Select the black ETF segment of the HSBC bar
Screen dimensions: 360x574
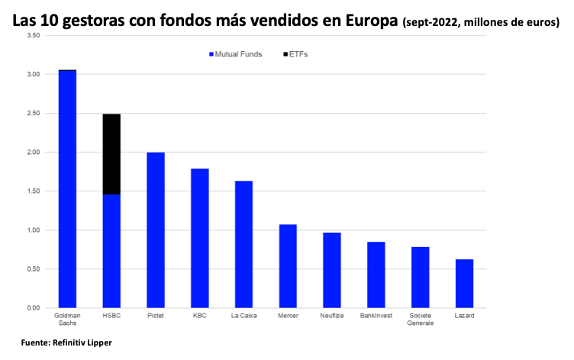[x=111, y=154]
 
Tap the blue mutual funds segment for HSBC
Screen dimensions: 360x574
[x=111, y=251]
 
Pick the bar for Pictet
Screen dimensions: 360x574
[x=156, y=230]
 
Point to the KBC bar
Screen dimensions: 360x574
[x=199, y=238]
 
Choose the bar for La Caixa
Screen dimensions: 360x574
[x=243, y=244]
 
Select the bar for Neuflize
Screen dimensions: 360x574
[x=332, y=270]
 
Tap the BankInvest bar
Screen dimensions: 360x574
[x=376, y=275]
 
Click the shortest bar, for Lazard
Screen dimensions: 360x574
[x=464, y=284]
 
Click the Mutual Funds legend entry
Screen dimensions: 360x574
[x=235, y=54]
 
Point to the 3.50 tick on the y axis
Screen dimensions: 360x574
[x=33, y=36]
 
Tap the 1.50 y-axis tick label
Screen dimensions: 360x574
[x=33, y=191]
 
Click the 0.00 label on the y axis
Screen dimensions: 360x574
[x=33, y=307]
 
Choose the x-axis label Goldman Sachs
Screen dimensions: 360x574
[x=67, y=319]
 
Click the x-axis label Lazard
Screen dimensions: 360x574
[x=464, y=315]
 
